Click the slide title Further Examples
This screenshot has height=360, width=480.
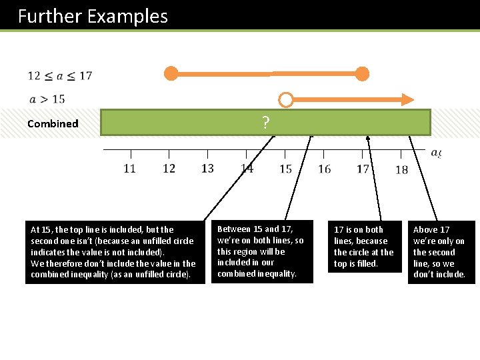[93, 16]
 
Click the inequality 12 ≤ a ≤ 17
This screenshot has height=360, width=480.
[60, 75]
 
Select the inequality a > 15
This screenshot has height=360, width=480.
[47, 99]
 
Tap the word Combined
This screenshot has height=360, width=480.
[53, 123]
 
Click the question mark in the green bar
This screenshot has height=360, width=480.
[265, 123]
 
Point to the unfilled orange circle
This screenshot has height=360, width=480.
[285, 100]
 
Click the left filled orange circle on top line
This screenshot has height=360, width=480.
[171, 73]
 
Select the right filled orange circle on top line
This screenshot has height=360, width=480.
[362, 73]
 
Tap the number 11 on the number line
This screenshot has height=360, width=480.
[129, 169]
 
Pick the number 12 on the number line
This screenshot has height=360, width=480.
[169, 169]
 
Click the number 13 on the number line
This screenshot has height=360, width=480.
[207, 169]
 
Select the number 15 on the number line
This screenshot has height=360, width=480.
[285, 169]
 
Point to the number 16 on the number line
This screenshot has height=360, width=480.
[324, 169]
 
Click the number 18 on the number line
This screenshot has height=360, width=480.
[401, 170]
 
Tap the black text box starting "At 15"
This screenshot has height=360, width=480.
[115, 252]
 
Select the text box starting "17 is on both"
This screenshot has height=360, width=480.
[364, 247]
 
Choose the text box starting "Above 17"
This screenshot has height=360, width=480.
[441, 252]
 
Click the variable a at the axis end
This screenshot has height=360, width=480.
[435, 153]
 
